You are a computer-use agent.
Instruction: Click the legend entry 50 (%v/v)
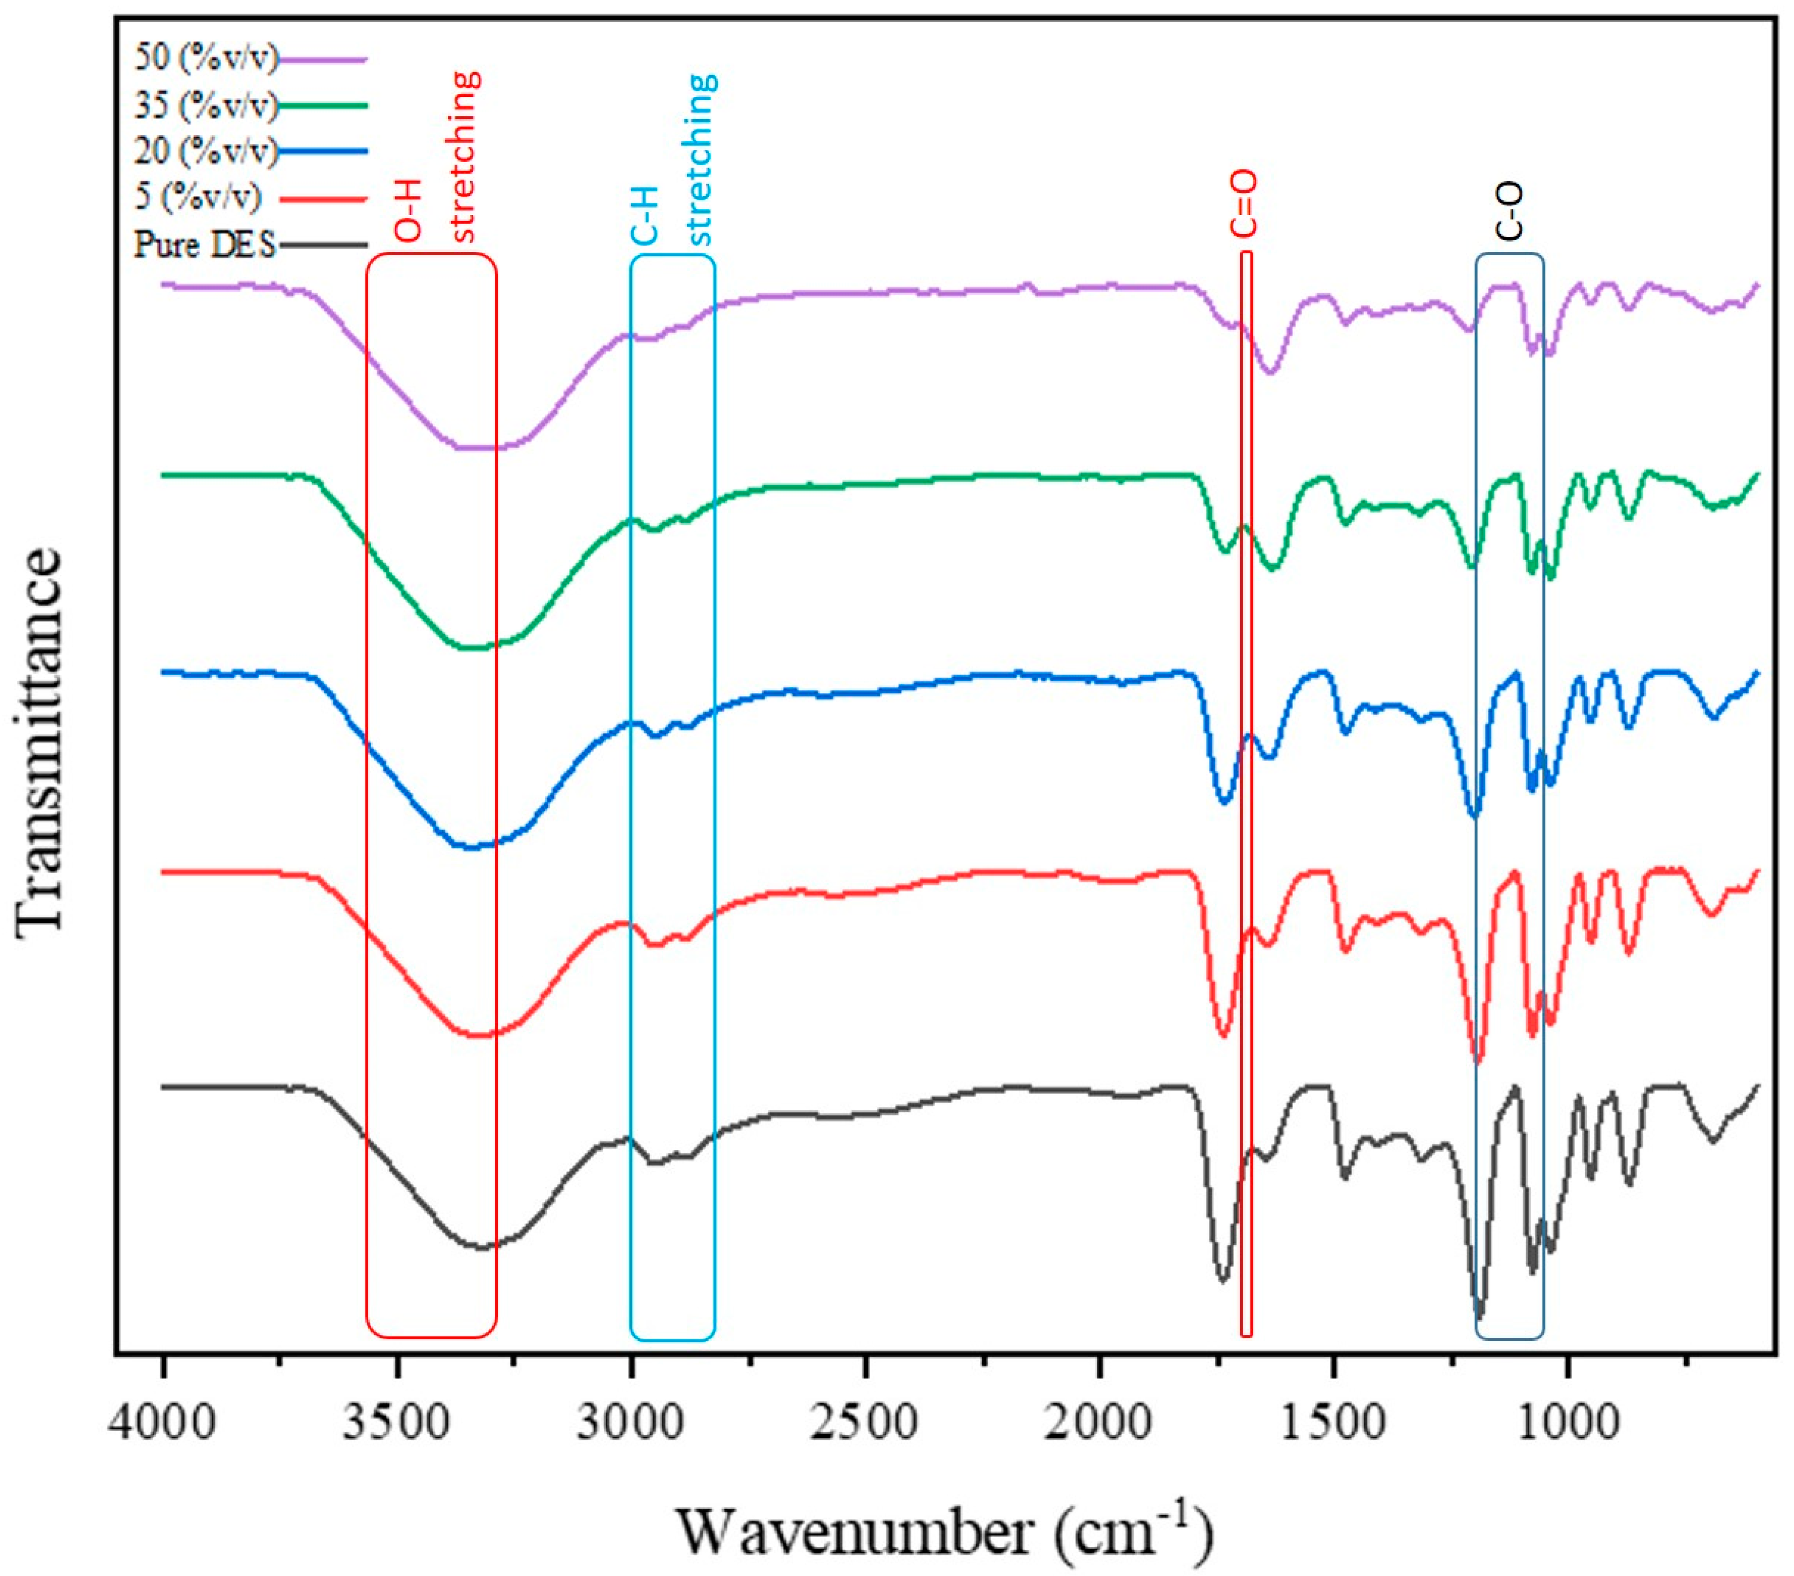pyautogui.click(x=206, y=59)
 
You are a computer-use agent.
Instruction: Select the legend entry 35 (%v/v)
pyautogui.click(x=206, y=105)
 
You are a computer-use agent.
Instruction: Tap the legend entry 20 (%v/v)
pyautogui.click(x=206, y=151)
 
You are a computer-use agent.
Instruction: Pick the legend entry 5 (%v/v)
pyautogui.click(x=198, y=197)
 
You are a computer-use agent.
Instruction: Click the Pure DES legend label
pyautogui.click(x=204, y=244)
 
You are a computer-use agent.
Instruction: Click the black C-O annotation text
pyautogui.click(x=1510, y=211)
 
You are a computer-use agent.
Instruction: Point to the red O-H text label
pyautogui.click(x=409, y=211)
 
